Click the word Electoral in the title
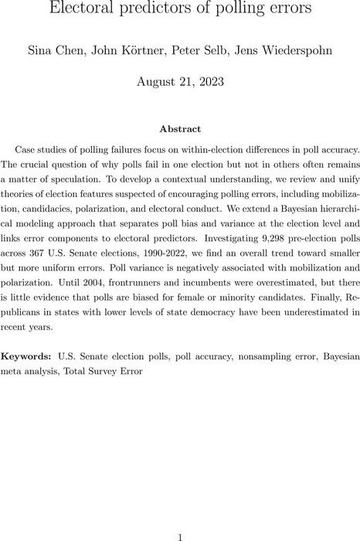(x=81, y=9)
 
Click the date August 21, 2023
(x=179, y=80)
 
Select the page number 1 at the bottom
(x=179, y=515)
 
